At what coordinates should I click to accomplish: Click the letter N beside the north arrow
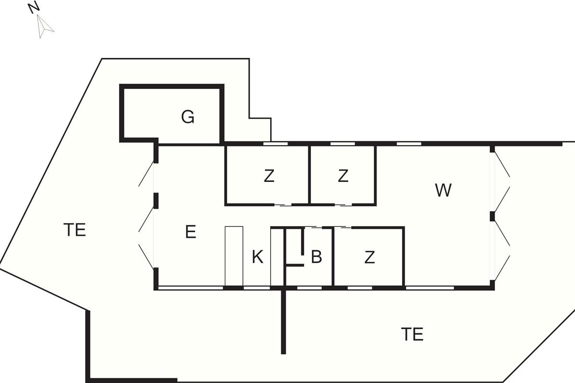tap(34, 8)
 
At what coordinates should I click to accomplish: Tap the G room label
tap(188, 117)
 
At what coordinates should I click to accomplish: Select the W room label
tap(443, 190)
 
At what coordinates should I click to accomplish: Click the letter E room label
tap(191, 232)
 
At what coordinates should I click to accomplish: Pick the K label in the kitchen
tap(257, 257)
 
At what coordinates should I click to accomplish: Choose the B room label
tap(316, 257)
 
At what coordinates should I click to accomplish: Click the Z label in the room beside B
tap(369, 257)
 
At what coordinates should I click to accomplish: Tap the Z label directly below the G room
tap(269, 176)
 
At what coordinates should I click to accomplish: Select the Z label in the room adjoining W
tap(343, 176)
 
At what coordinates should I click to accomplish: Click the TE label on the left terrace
tap(74, 230)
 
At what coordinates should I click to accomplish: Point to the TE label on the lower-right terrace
tap(412, 334)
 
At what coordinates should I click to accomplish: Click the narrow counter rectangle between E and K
tap(234, 256)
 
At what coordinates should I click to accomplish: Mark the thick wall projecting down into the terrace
tap(283, 322)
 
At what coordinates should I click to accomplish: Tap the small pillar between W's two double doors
tap(492, 216)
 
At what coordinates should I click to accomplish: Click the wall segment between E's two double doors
tap(156, 201)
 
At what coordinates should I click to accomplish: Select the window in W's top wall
tap(409, 144)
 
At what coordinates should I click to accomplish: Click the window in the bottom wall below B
tap(310, 288)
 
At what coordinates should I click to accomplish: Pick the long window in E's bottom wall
tap(190, 288)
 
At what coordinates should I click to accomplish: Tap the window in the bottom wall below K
tap(257, 288)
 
